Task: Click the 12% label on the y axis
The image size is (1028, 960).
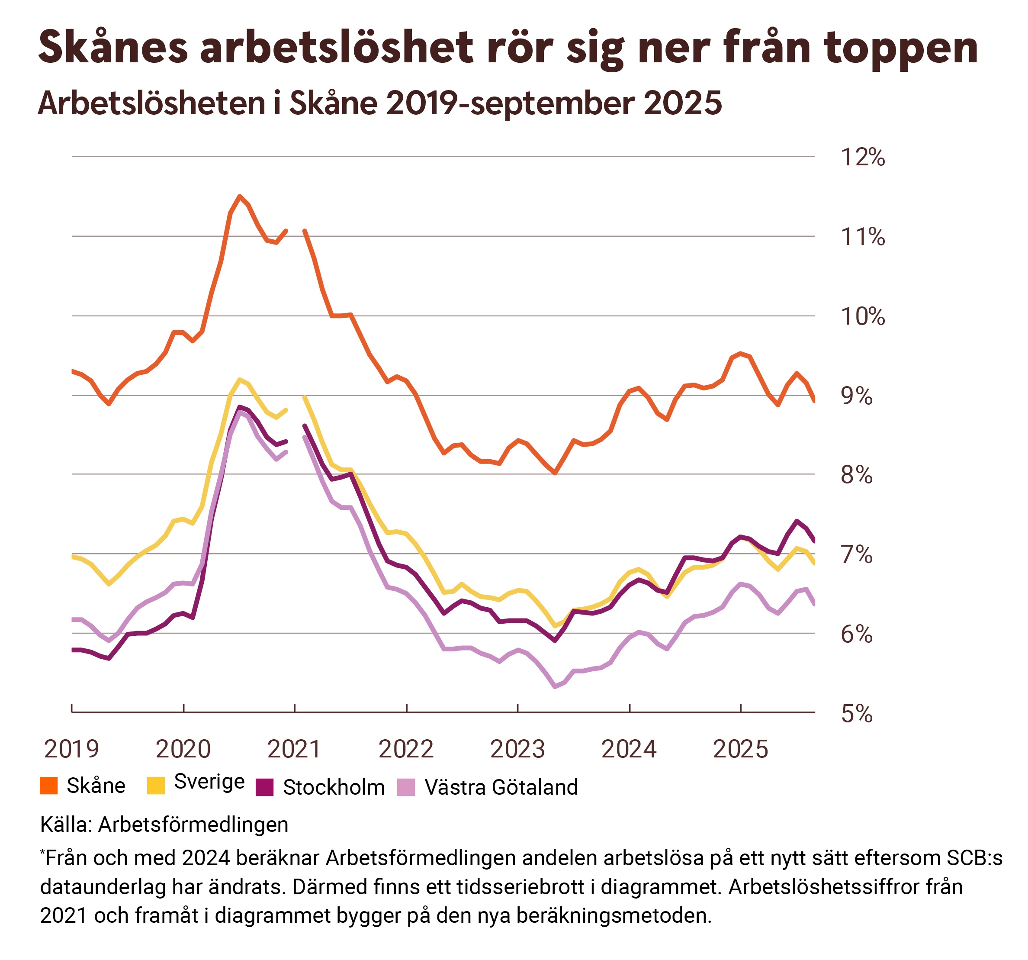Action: coord(863,157)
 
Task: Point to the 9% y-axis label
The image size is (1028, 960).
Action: coord(856,396)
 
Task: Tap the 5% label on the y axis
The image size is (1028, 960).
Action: coord(856,714)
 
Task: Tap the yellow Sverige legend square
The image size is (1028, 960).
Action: coord(156,785)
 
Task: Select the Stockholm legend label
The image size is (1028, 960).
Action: coord(334,787)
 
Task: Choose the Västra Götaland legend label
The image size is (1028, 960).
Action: coord(501,787)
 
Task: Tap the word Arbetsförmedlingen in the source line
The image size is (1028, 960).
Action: coord(193,825)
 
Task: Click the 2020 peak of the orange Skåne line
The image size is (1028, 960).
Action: coord(239,196)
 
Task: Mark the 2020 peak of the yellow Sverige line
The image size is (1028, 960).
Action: coord(239,380)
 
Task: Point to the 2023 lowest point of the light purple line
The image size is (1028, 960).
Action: coord(555,686)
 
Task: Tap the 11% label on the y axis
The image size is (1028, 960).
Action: coord(863,237)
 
